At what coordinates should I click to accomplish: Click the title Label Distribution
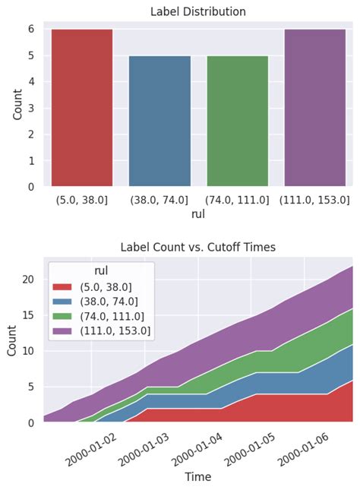(197, 11)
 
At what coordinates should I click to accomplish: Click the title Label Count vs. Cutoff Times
(197, 248)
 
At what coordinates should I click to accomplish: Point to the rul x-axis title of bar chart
(197, 214)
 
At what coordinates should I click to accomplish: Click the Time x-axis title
(197, 477)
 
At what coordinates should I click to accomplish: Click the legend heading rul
(101, 271)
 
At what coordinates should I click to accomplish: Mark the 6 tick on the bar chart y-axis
(31, 29)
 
